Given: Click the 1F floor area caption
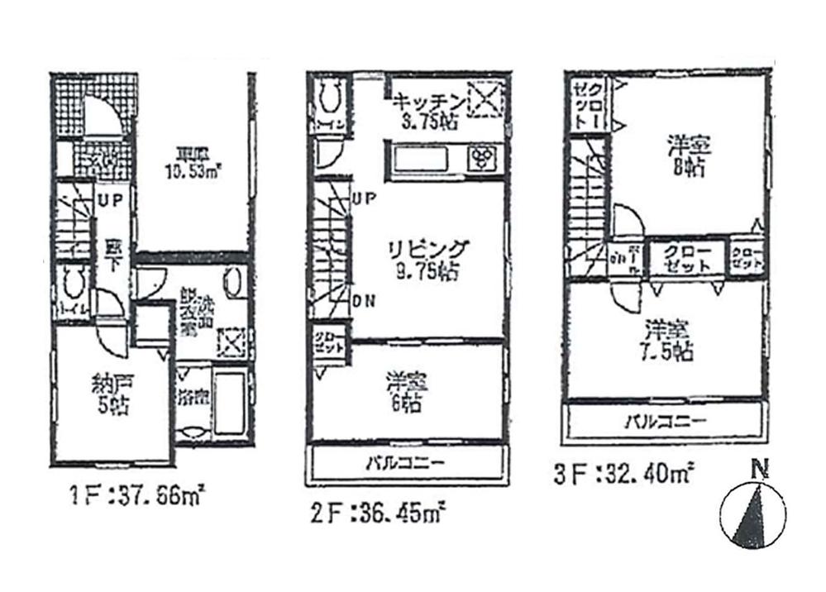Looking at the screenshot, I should coord(136,499).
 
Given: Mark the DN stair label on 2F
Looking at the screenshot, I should coord(361,302).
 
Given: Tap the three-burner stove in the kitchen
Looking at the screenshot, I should coord(480,157).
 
